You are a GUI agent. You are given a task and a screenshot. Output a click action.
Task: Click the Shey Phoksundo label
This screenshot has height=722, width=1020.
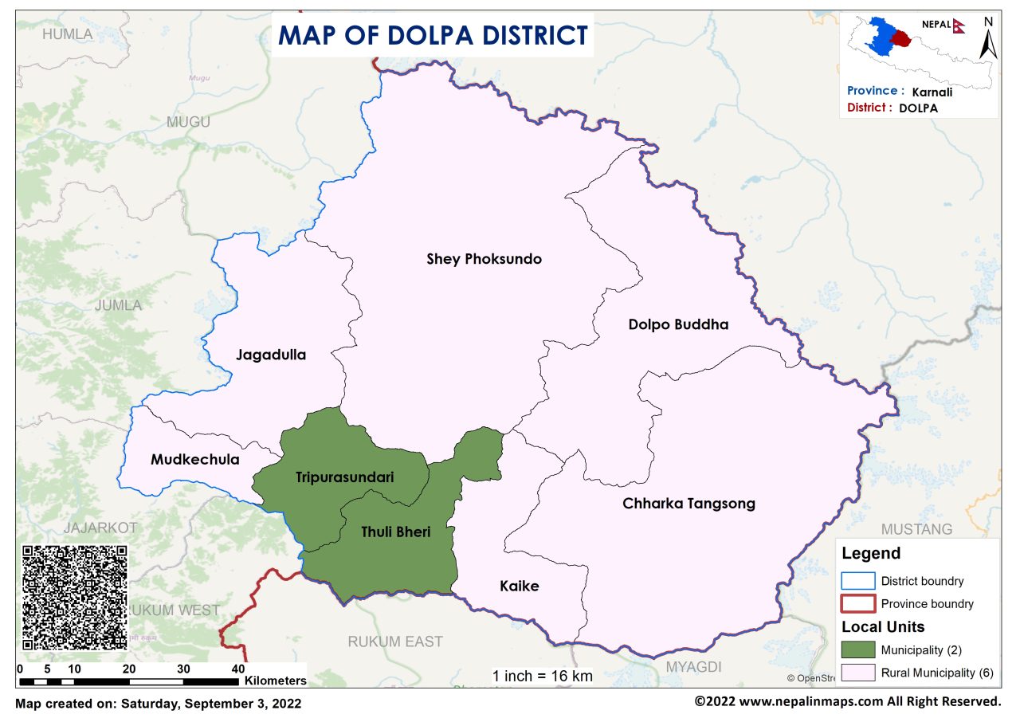click(x=484, y=259)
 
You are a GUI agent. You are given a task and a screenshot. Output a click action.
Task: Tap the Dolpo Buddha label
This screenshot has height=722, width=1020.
click(x=678, y=324)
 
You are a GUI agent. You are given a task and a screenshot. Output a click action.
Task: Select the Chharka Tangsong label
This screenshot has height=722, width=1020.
click(x=688, y=504)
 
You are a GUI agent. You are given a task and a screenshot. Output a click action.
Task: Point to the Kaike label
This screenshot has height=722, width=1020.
click(x=520, y=587)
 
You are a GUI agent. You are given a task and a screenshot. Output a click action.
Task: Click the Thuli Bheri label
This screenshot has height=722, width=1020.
click(x=395, y=532)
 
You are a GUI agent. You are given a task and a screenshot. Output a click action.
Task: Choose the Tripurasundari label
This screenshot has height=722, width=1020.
click(x=345, y=477)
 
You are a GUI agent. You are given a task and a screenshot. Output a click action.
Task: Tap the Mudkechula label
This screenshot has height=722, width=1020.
click(x=194, y=460)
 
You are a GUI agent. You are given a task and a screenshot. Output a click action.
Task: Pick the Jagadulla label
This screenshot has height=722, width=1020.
click(x=271, y=355)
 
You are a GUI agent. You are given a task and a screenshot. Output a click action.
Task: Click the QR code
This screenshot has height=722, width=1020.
click(x=75, y=597)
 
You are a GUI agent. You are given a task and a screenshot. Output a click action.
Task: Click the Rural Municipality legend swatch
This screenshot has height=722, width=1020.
click(x=857, y=673)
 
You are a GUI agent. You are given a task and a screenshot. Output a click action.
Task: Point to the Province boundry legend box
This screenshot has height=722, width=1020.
click(x=857, y=603)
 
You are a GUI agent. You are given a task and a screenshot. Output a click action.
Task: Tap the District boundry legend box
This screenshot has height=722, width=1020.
click(x=857, y=581)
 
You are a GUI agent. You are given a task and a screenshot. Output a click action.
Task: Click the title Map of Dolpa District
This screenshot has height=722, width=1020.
click(x=433, y=36)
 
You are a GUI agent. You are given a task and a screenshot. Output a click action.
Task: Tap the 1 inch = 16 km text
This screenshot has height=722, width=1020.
click(x=543, y=676)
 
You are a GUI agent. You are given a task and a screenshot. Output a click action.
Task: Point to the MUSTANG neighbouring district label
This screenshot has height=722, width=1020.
click(x=916, y=529)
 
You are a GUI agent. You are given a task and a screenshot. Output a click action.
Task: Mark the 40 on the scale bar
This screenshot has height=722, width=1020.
click(x=237, y=668)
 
